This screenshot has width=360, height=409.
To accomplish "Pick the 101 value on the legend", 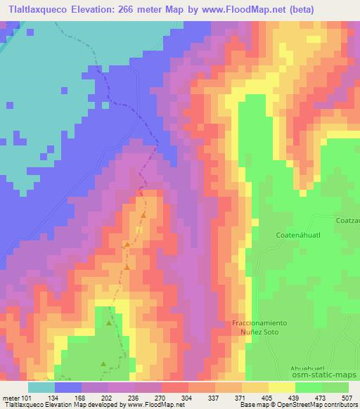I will point(26,397).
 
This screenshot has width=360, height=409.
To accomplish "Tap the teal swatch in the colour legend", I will point(41,387).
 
